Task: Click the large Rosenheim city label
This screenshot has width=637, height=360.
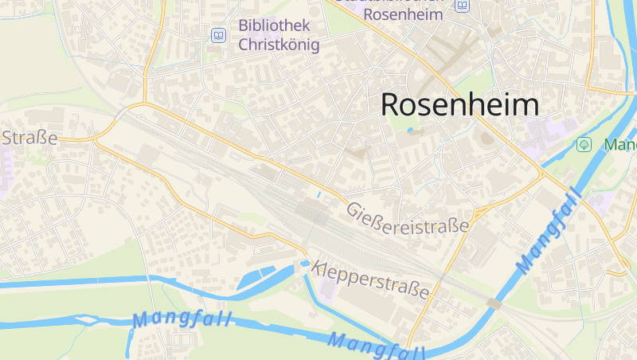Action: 459,104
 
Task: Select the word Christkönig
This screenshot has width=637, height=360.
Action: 279,44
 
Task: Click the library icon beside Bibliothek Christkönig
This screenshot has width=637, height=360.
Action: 218,35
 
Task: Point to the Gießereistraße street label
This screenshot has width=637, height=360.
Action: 407,217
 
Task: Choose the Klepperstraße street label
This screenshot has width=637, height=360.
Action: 371,279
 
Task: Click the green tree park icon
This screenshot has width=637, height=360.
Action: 584,144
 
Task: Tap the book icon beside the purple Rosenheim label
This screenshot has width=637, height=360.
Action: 463,6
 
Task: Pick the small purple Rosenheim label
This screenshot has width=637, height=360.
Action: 402,14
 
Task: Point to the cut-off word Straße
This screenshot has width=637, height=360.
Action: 29,138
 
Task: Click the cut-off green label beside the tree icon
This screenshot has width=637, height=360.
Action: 620,145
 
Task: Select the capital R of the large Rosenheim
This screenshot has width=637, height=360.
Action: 392,104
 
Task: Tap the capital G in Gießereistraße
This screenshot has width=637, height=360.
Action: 353,209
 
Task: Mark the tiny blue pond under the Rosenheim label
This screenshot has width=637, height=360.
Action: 411,130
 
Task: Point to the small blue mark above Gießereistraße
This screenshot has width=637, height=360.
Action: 318,194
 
